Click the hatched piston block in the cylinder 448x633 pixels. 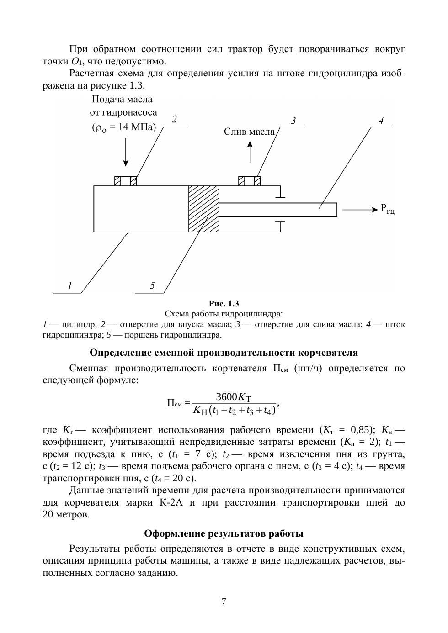coord(204,209)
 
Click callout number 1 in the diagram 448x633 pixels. coord(70,286)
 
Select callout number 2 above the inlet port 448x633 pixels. coord(174,120)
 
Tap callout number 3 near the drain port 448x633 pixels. coord(293,121)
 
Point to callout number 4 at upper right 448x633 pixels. coord(381,121)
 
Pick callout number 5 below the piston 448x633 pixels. coord(152,286)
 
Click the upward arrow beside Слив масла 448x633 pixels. coord(250,152)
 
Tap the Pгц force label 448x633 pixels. coord(387,209)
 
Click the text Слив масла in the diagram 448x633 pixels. coord(249,132)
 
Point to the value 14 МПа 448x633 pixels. coord(132,127)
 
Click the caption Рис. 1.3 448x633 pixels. coord(224,304)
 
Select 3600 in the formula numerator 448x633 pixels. coord(224,397)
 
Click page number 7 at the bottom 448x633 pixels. coord(224,601)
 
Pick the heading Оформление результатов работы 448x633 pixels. coord(224,533)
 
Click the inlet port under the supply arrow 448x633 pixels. coord(126,181)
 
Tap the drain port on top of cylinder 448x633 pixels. coord(250,181)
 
